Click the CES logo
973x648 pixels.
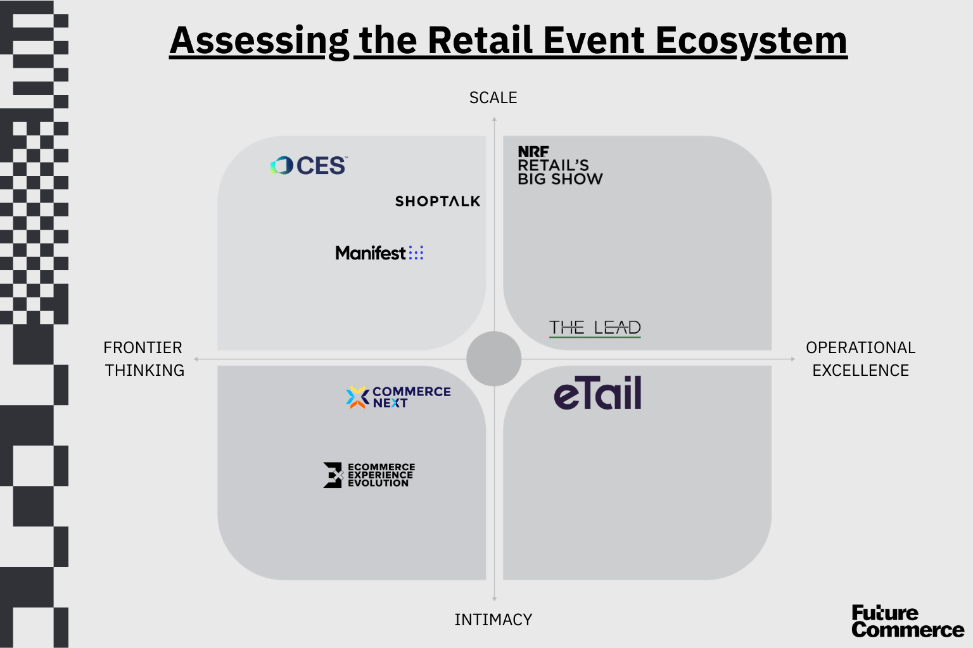pos(309,166)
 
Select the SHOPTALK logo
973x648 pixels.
pos(438,201)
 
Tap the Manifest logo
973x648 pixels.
pos(379,253)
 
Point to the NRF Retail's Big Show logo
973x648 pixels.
pos(559,166)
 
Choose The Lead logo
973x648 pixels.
pos(595,328)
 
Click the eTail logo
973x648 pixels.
pos(597,394)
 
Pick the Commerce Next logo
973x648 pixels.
pos(398,397)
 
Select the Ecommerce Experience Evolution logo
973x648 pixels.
pos(369,475)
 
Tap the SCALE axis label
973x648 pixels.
pos(493,98)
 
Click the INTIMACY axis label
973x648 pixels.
pos(493,620)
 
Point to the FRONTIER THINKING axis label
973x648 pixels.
pos(144,359)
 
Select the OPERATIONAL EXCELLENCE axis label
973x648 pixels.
pos(860,359)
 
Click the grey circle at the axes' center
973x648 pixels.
pos(493,359)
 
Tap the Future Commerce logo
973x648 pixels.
pos(906,621)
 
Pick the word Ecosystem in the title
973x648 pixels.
pos(751,40)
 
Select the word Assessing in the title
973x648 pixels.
pos(259,40)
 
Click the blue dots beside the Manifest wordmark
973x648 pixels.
pos(416,253)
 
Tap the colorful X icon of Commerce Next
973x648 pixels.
pos(357,397)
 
